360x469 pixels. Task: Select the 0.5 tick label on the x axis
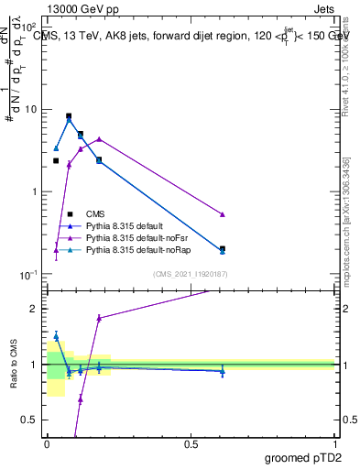pos(191,443)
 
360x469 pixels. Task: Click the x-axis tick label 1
pos(335,443)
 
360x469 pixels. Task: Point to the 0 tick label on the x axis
pos(47,443)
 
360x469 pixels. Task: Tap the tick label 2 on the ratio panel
pos(35,309)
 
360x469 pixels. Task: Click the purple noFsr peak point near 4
pos(99,139)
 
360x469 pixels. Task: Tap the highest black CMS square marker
pos(69,116)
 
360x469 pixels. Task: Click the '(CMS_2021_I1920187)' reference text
pos(191,274)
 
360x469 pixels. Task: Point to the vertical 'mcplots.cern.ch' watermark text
pos(346,229)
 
